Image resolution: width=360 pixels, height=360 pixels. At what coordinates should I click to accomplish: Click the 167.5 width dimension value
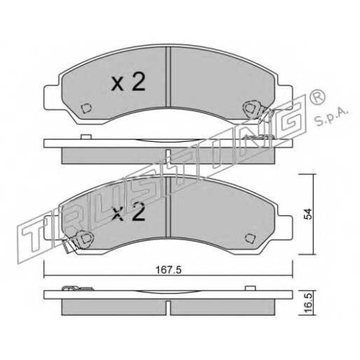(168, 270)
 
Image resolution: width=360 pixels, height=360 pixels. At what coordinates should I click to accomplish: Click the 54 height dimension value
(308, 214)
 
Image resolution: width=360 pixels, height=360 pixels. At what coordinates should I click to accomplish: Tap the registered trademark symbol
(318, 97)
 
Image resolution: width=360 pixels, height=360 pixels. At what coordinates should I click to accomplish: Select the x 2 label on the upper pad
(128, 82)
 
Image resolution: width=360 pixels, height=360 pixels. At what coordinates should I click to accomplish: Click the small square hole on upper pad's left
(86, 108)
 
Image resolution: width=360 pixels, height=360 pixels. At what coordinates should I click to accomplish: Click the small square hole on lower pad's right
(249, 238)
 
